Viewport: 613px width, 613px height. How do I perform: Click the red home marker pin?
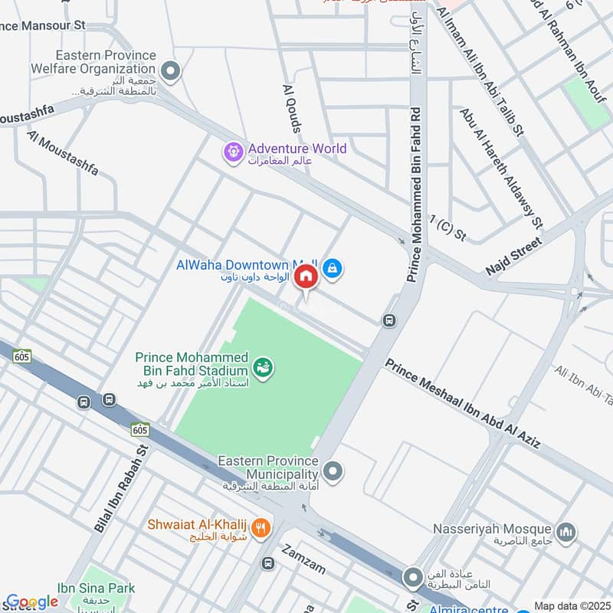click(x=306, y=277)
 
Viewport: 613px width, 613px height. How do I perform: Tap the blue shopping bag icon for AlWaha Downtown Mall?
click(x=333, y=268)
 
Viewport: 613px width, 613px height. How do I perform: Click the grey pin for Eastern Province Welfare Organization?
click(x=171, y=72)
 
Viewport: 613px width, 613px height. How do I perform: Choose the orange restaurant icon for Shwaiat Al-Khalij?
click(x=261, y=527)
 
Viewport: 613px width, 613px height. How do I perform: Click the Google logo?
click(x=31, y=602)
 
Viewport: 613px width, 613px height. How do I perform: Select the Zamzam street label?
click(x=305, y=560)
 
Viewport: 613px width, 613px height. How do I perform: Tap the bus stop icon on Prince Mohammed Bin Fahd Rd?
click(x=389, y=320)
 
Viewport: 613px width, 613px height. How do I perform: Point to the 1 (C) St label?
click(x=447, y=228)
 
